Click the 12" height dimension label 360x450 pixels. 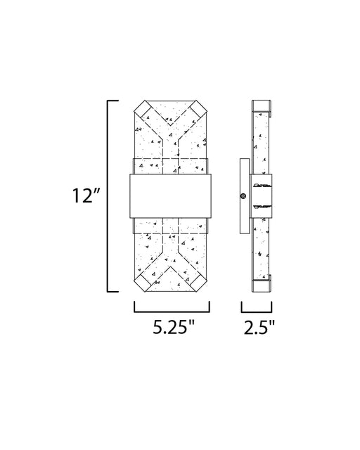[x=86, y=195]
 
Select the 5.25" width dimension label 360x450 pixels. [x=174, y=326]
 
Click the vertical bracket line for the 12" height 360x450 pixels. [x=108, y=196]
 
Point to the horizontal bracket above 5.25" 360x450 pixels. [x=172, y=311]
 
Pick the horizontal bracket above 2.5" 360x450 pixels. [x=257, y=311]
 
